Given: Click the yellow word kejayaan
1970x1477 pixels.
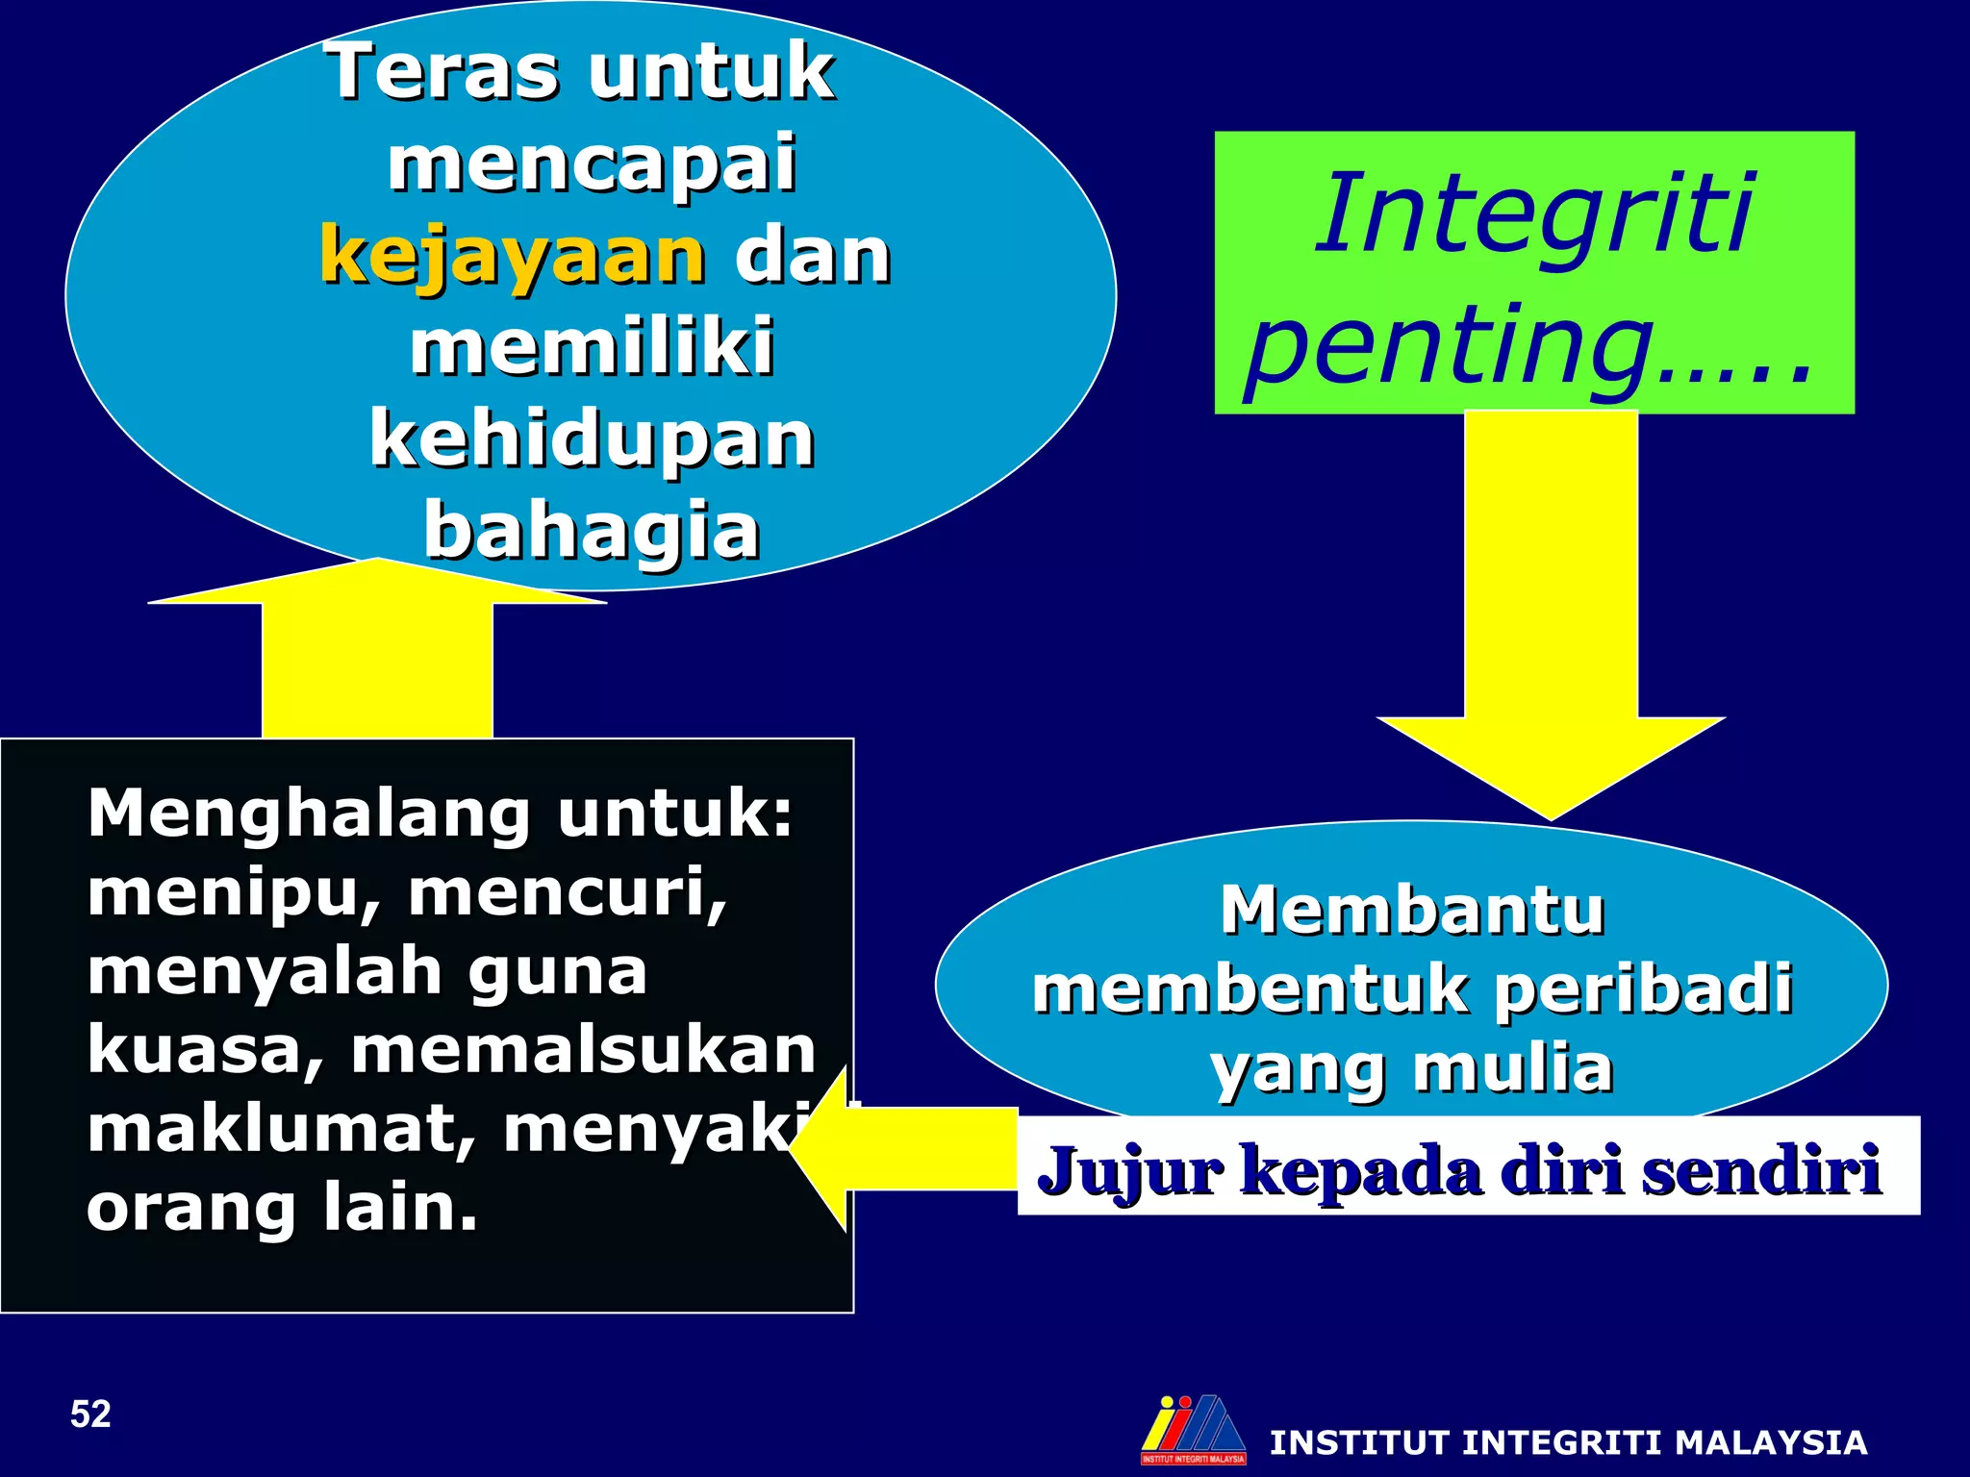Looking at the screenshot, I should click(513, 256).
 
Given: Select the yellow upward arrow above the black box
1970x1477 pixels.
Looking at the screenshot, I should click(377, 654).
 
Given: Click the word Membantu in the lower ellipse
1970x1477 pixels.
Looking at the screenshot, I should click(1412, 910).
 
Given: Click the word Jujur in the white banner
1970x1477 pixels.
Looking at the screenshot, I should click(1130, 1170).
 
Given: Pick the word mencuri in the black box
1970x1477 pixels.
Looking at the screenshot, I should click(568, 894).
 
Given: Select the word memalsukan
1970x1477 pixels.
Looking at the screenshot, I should click(584, 1050).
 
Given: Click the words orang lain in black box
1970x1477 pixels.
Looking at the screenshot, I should click(282, 1209).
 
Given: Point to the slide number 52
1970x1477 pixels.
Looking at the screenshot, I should click(90, 1414).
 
